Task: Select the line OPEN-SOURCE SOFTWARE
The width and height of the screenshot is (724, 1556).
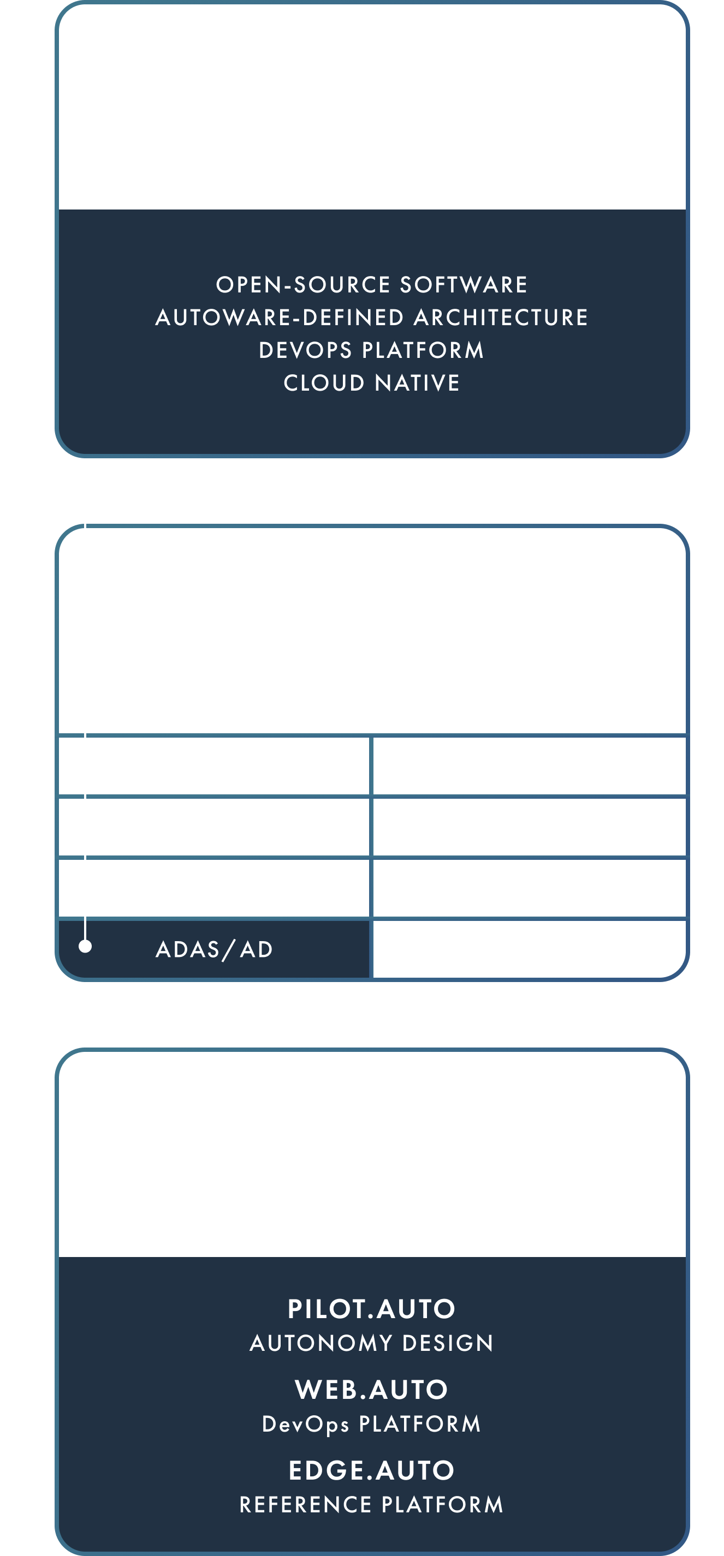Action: coord(372,284)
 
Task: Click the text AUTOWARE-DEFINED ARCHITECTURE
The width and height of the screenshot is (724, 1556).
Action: coord(372,318)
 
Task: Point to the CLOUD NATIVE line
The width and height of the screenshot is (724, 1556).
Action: coord(372,383)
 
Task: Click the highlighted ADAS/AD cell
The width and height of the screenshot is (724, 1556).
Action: coord(214,949)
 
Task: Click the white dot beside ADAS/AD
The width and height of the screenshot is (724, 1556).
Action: coord(85,946)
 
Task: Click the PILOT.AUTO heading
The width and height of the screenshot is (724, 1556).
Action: coord(372,1309)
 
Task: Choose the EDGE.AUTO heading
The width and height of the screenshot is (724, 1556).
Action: coord(372,1470)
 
